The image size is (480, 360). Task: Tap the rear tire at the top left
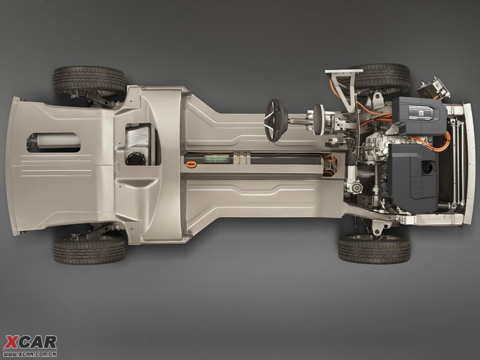[89, 81]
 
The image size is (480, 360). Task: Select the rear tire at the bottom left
[90, 250]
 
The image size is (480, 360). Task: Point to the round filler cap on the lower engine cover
[427, 168]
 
